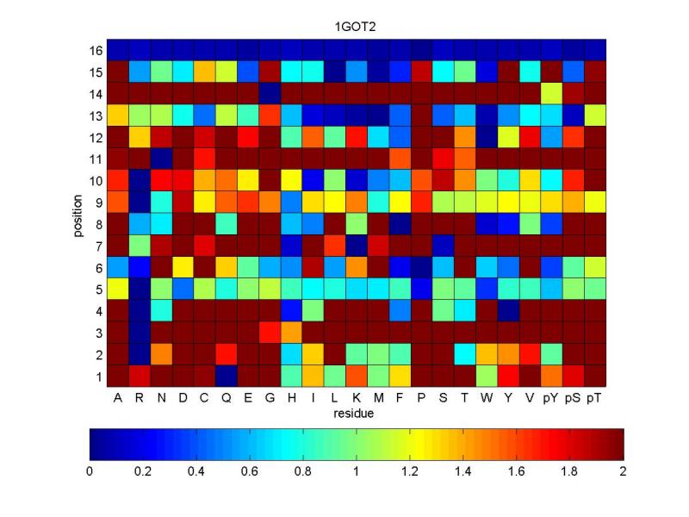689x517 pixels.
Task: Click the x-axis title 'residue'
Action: coord(357,414)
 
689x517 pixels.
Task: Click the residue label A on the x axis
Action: coord(117,398)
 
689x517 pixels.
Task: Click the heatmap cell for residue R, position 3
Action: coord(140,333)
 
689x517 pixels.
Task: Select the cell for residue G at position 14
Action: coord(270,92)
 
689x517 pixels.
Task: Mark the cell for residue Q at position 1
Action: coord(227,377)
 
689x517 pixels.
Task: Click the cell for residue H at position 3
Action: coord(291,333)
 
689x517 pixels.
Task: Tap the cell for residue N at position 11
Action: coord(161,158)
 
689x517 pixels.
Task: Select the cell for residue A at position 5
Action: coord(117,289)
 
